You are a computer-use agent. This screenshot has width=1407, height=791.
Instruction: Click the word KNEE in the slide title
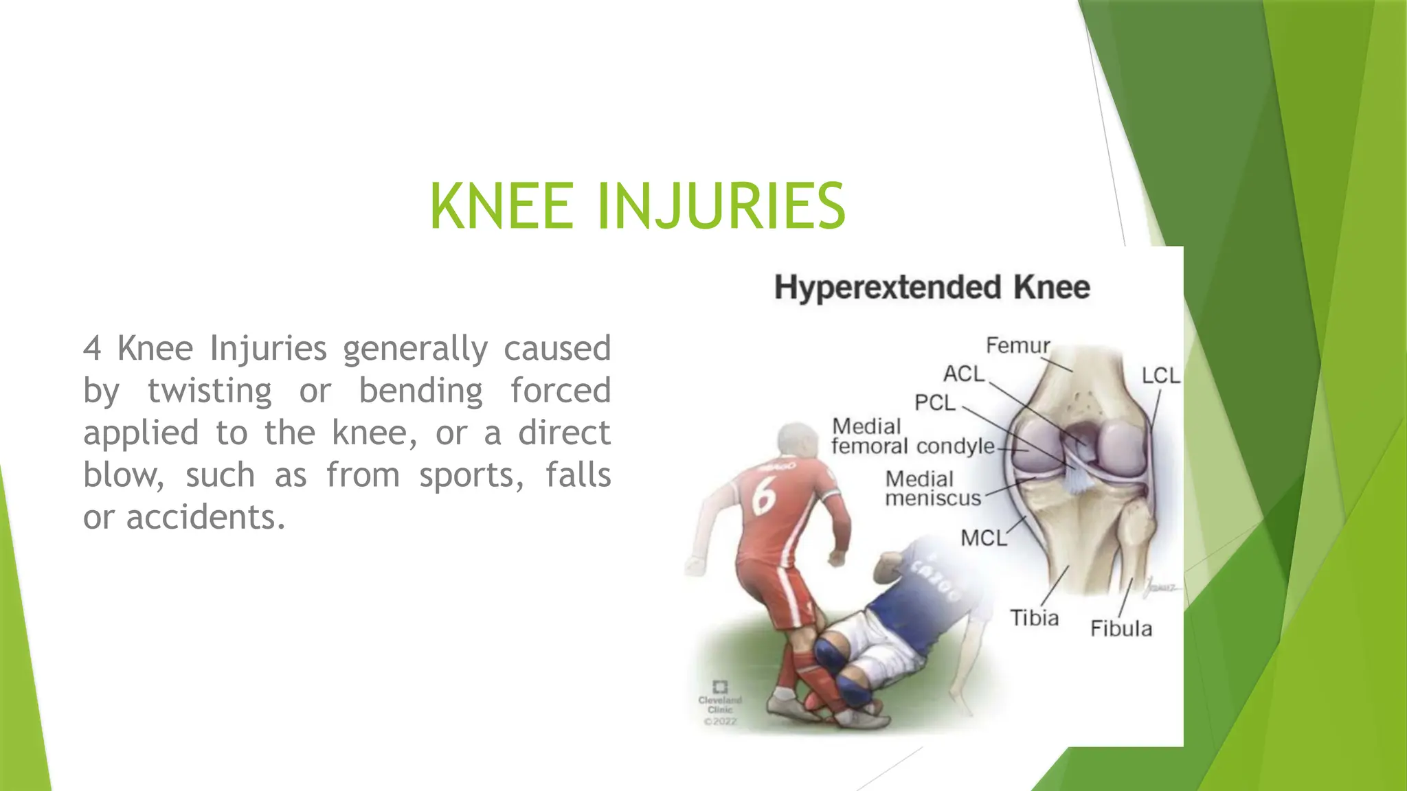click(x=502, y=206)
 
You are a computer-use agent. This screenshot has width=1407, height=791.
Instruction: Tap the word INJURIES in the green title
click(x=721, y=206)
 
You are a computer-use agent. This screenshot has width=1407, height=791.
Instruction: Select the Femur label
click(x=1017, y=345)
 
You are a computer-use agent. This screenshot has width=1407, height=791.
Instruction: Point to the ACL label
click(x=964, y=374)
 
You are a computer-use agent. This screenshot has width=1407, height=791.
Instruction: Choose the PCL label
click(x=935, y=402)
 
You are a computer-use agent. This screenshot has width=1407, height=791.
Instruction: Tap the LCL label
click(x=1160, y=376)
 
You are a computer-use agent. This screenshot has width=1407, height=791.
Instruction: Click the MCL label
click(x=983, y=538)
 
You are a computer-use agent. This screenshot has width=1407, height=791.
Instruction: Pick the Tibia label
click(x=1034, y=618)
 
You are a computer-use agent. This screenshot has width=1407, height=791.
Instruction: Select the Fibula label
click(x=1121, y=628)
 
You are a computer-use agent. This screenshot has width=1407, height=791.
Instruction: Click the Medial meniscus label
click(x=932, y=488)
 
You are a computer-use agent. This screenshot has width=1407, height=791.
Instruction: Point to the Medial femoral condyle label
click(x=912, y=437)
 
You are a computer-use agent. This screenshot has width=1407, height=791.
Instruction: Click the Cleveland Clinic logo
click(x=720, y=700)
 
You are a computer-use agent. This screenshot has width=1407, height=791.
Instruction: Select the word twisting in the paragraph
click(x=210, y=391)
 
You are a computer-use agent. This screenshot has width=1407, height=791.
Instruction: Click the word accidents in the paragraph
click(x=205, y=517)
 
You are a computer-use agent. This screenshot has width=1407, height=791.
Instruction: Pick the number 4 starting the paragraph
click(x=92, y=348)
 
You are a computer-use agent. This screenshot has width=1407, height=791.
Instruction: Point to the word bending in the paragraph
click(x=421, y=391)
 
